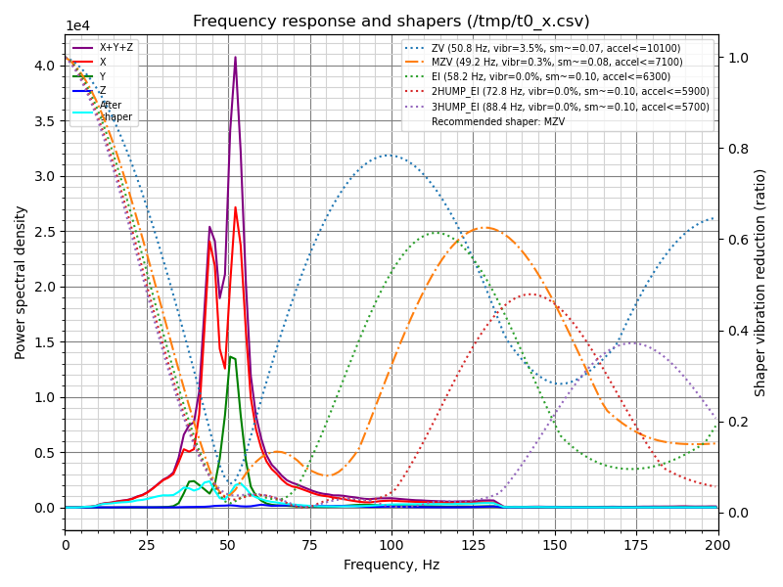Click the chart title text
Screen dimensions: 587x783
(391, 22)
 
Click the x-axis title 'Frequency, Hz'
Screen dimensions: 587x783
(391, 564)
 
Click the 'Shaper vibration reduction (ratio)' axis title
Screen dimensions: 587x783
(760, 282)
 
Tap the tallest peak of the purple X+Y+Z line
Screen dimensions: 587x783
(235, 57)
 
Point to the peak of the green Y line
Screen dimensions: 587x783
(230, 356)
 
